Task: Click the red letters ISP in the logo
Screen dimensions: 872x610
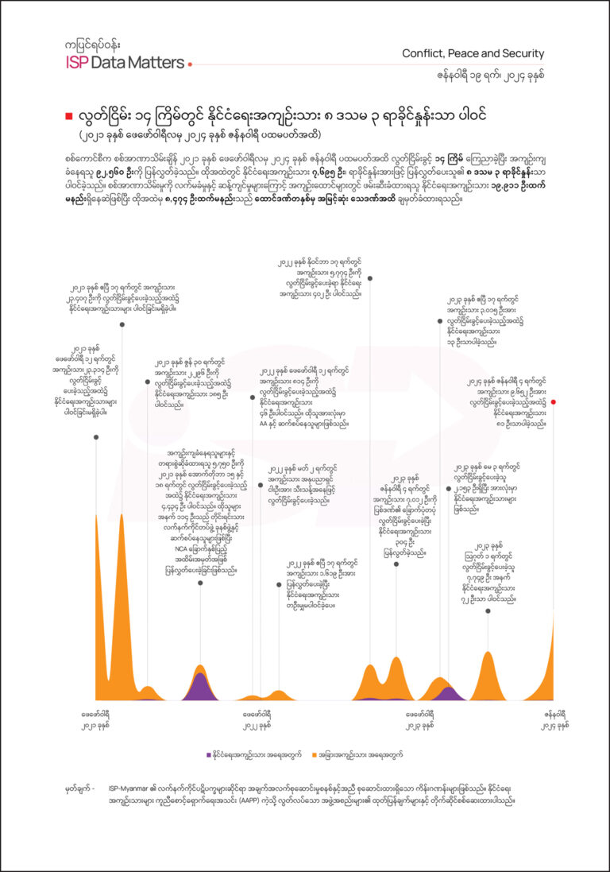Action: click(x=77, y=63)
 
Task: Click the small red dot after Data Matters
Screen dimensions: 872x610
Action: click(x=190, y=64)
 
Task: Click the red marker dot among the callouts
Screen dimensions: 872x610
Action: click(x=554, y=402)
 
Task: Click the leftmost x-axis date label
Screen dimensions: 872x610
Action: click(x=96, y=719)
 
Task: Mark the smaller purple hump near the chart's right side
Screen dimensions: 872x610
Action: click(x=450, y=693)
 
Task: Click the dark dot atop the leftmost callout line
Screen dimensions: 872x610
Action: click(x=96, y=436)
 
